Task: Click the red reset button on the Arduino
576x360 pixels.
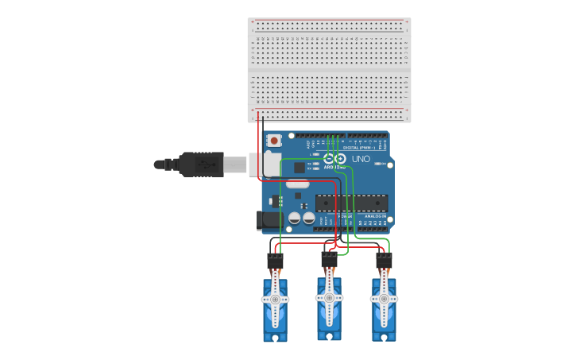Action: coord(274,141)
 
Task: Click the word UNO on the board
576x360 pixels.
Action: coord(361,159)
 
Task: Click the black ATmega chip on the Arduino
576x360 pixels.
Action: coord(352,203)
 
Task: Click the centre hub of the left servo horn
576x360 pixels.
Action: coord(275,299)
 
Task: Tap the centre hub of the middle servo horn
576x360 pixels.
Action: coord(329,297)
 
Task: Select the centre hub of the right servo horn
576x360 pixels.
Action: coord(384,299)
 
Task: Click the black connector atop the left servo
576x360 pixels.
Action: coord(275,261)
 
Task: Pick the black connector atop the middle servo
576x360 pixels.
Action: coord(329,259)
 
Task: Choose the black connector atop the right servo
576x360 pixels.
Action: coord(384,261)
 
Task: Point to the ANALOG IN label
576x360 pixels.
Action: coord(375,216)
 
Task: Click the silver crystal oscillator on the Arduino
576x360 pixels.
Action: coord(298,184)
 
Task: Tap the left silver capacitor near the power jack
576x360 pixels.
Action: coord(295,217)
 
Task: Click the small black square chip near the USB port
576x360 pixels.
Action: coord(300,168)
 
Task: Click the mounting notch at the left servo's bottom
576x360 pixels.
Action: coord(275,338)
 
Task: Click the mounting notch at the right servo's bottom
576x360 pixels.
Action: coord(384,338)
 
